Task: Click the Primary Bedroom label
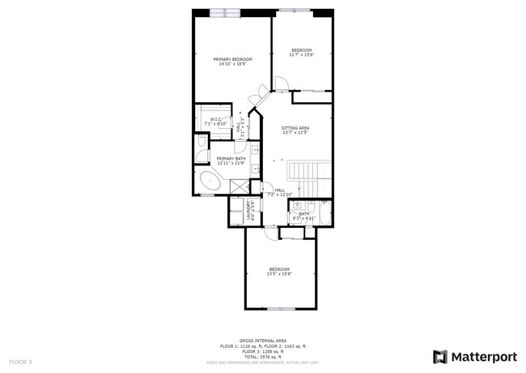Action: (x=233, y=58)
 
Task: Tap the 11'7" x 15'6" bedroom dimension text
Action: (x=302, y=55)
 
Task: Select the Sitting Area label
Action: (x=295, y=128)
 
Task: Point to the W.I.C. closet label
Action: (x=216, y=119)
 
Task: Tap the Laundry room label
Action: (x=252, y=211)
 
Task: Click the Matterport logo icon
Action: (x=440, y=357)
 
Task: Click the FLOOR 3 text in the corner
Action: (x=20, y=361)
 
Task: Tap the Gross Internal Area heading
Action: (x=262, y=341)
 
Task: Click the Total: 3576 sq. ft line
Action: (x=262, y=356)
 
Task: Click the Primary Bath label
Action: (x=231, y=158)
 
